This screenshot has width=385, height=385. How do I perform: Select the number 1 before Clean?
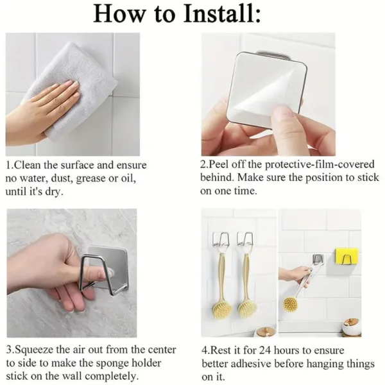click(x=9, y=165)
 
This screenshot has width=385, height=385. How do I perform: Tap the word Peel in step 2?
click(x=219, y=164)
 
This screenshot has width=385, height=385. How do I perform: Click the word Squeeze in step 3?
click(x=35, y=350)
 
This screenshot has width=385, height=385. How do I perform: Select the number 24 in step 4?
click(x=260, y=350)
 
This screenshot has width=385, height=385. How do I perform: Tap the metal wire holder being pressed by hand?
click(x=89, y=273)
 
